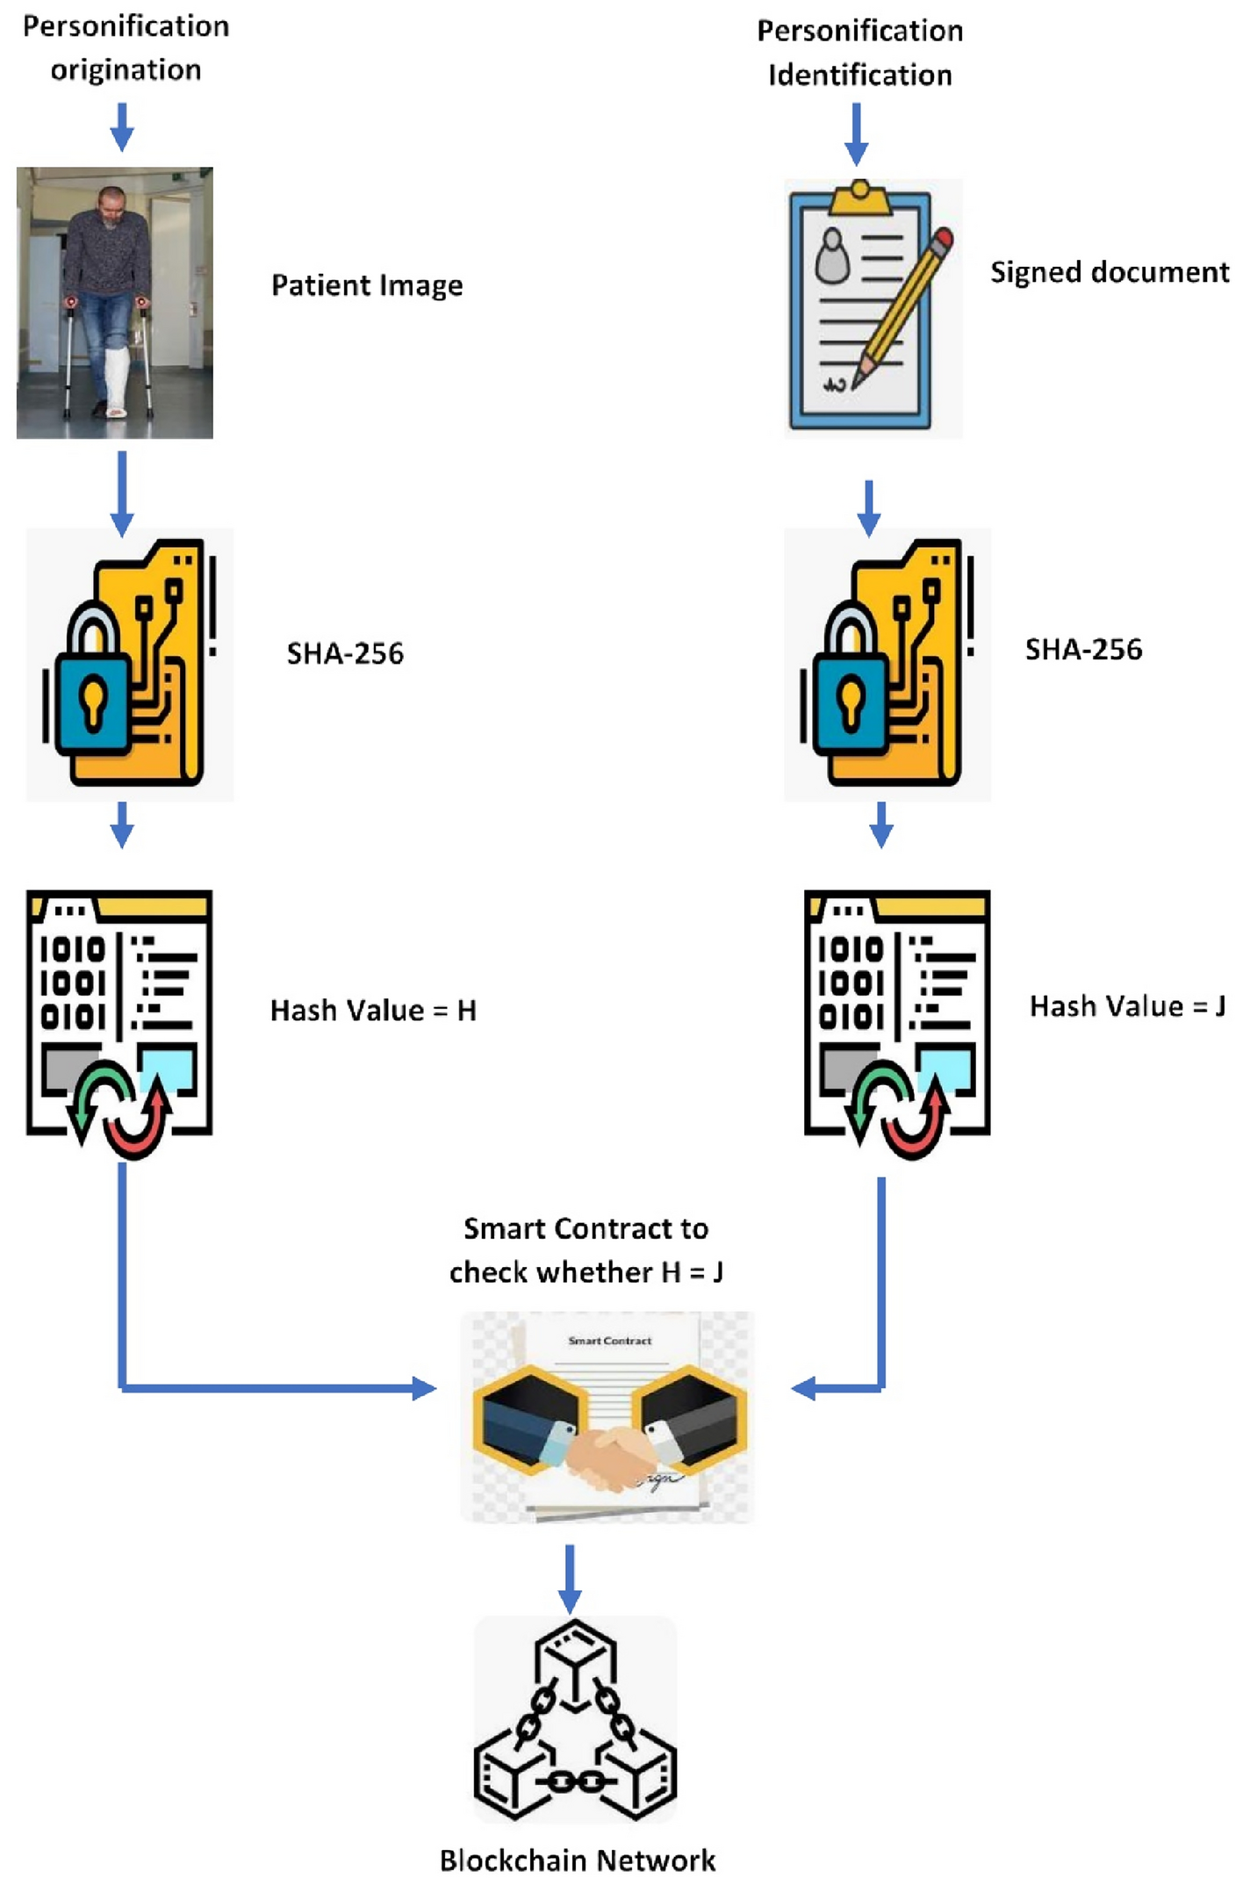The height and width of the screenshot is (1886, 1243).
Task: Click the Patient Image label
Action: [x=366, y=285]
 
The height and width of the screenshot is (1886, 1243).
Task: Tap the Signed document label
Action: [x=1109, y=272]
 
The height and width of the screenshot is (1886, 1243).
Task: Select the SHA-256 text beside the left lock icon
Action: [x=345, y=653]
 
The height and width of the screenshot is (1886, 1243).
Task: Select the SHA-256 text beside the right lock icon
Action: [x=1083, y=650]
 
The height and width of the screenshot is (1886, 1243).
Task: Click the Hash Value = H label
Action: [x=373, y=1011]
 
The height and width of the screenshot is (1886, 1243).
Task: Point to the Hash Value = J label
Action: [x=1127, y=1006]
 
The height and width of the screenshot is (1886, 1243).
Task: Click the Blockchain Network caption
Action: [x=578, y=1860]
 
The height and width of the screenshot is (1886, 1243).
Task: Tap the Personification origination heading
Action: [x=126, y=48]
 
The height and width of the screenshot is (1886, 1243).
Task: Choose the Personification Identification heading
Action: [x=859, y=53]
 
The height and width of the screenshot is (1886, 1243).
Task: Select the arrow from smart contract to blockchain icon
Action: [x=570, y=1578]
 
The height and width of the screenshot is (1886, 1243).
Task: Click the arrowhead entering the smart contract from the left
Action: [x=423, y=1388]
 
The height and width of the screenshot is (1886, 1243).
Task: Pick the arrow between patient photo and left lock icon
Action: [x=122, y=492]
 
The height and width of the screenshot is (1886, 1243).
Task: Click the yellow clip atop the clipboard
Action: [x=860, y=198]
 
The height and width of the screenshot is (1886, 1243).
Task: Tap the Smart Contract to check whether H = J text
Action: [x=586, y=1250]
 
